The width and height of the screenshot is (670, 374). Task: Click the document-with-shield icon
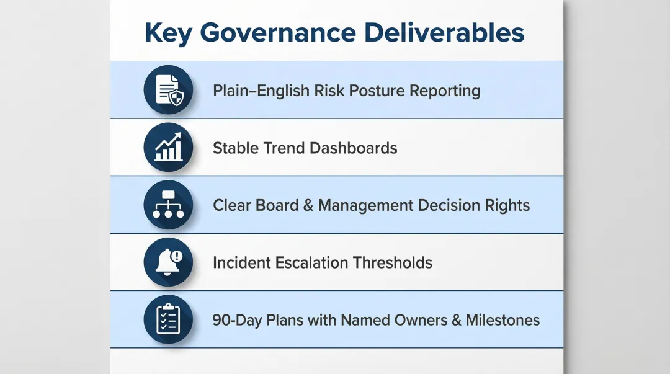click(x=168, y=90)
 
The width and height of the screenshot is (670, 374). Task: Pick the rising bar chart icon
click(x=168, y=148)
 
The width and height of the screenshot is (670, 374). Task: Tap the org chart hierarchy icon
click(x=168, y=205)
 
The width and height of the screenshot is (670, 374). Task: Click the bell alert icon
click(x=168, y=262)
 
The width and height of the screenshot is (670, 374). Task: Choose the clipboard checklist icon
click(x=168, y=319)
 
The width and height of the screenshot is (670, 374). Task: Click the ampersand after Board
click(x=308, y=205)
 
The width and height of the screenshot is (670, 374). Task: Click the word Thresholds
click(x=393, y=262)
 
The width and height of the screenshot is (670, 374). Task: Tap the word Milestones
click(x=502, y=320)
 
